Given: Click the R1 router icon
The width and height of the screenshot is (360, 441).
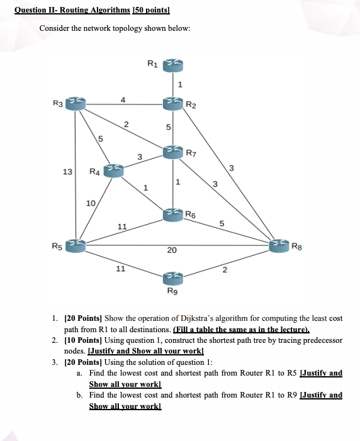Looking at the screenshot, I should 172,65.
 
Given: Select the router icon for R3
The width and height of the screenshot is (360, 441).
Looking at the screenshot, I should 77,103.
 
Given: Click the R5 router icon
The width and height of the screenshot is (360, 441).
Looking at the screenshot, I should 77,245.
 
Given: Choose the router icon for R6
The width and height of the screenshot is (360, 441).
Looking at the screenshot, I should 172,215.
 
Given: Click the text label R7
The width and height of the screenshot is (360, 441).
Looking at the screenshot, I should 191,152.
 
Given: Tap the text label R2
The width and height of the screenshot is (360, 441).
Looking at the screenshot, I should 191,104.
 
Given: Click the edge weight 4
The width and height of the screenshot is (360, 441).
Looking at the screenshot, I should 123,99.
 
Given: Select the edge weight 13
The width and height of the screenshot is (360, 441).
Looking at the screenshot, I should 66,172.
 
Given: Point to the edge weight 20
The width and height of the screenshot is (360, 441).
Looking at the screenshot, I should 171,250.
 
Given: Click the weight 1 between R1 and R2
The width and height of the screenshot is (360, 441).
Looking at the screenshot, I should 180,84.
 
